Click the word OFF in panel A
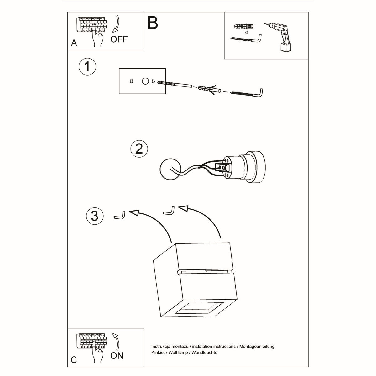119,39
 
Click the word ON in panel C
117,356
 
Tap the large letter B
153,23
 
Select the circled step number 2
139,148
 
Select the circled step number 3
94,216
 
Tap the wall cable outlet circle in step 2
169,170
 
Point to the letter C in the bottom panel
74,359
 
